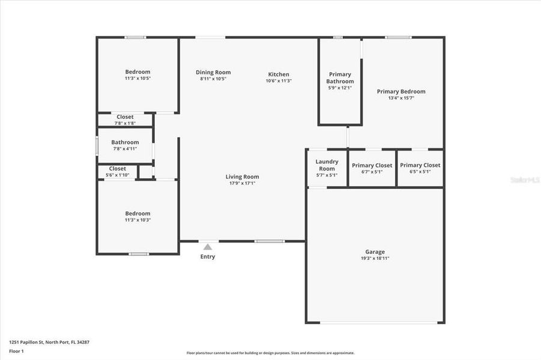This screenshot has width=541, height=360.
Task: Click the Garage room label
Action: click(375, 252)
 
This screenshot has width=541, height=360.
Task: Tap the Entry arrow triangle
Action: click(208, 247)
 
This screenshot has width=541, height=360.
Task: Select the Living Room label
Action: click(242, 176)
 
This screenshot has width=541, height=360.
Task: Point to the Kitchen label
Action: click(279, 74)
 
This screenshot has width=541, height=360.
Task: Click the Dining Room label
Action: click(213, 72)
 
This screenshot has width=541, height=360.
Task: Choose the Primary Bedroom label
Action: click(401, 91)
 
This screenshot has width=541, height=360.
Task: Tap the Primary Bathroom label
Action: click(340, 78)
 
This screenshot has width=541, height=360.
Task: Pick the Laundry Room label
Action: click(327, 165)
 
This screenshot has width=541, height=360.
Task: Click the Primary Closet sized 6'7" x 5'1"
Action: click(372, 166)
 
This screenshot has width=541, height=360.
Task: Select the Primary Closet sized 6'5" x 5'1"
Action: click(420, 166)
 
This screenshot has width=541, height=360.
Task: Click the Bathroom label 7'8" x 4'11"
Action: click(125, 142)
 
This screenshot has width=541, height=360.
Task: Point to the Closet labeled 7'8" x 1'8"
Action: click(125, 117)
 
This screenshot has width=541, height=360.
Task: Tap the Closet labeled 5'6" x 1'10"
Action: click(118, 169)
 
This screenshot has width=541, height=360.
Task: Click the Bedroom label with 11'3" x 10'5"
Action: click(138, 72)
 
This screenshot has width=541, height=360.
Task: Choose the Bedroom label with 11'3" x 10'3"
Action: click(138, 214)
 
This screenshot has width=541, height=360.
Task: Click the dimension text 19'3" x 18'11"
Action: click(375, 258)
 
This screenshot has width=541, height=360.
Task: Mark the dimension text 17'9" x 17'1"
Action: click(242, 183)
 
